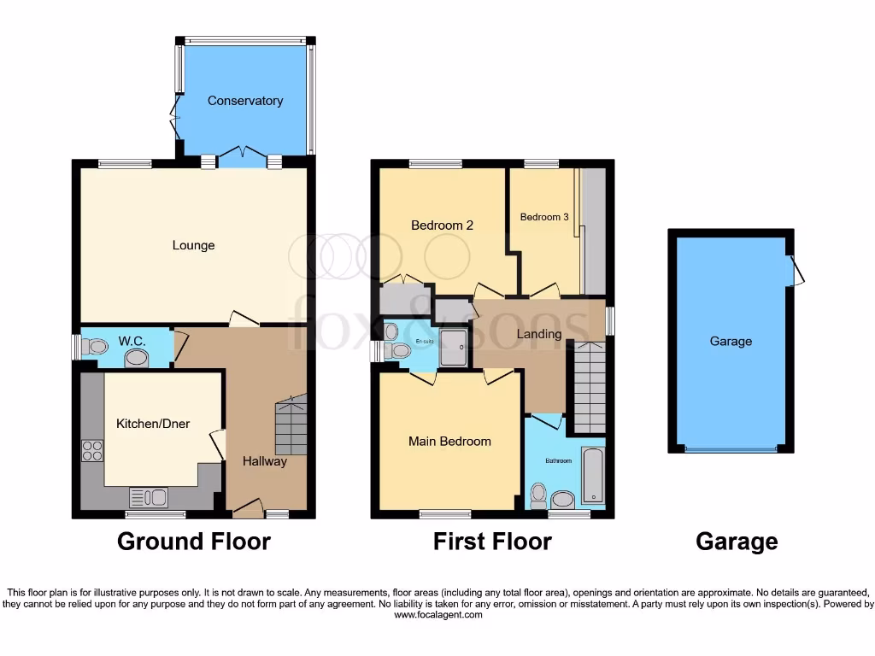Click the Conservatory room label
tap(245, 101)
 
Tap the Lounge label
tap(194, 246)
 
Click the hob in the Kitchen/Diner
tap(91, 450)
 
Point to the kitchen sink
tap(149, 496)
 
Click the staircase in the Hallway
tap(291, 426)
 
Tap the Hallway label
tap(265, 462)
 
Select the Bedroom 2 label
tap(442, 225)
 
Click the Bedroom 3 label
tap(544, 217)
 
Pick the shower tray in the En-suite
tap(454, 347)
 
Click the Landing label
tap(539, 334)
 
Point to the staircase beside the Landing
tap(589, 387)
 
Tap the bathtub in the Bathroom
tap(592, 475)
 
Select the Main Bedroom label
tap(449, 442)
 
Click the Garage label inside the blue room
tap(731, 342)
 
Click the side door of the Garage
tap(796, 271)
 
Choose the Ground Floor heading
tap(193, 542)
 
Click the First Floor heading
tap(492, 542)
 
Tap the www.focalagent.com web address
tap(437, 615)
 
